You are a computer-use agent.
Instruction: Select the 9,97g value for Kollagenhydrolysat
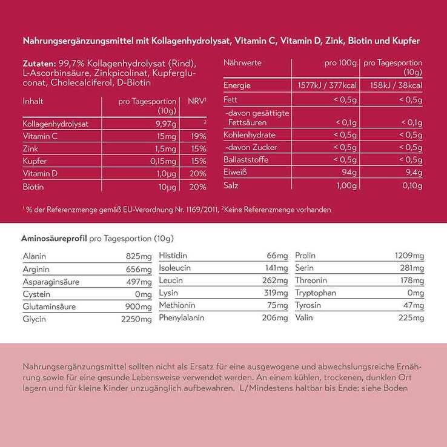coord(165,124)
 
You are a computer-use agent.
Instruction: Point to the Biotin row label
coord(33,187)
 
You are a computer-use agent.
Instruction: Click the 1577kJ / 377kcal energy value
coord(326,85)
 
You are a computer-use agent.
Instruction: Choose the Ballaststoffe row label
coord(246,160)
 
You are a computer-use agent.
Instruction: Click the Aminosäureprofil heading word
coord(54,239)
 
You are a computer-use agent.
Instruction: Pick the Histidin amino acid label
coord(173,256)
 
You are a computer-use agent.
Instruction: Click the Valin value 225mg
coord(410,317)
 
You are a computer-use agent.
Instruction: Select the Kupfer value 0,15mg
coord(164,162)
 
